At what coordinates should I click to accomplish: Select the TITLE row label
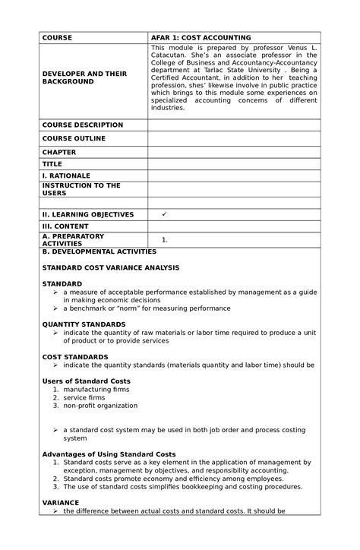(52, 163)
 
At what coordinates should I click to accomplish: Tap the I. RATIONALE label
(66, 175)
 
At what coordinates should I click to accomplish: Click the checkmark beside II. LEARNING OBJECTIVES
(164, 214)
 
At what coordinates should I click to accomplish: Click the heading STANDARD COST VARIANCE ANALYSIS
(110, 267)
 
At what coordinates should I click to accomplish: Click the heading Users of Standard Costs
(86, 381)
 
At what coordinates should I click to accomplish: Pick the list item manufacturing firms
(96, 389)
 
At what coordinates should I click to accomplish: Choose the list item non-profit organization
(100, 406)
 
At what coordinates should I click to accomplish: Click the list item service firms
(84, 397)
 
